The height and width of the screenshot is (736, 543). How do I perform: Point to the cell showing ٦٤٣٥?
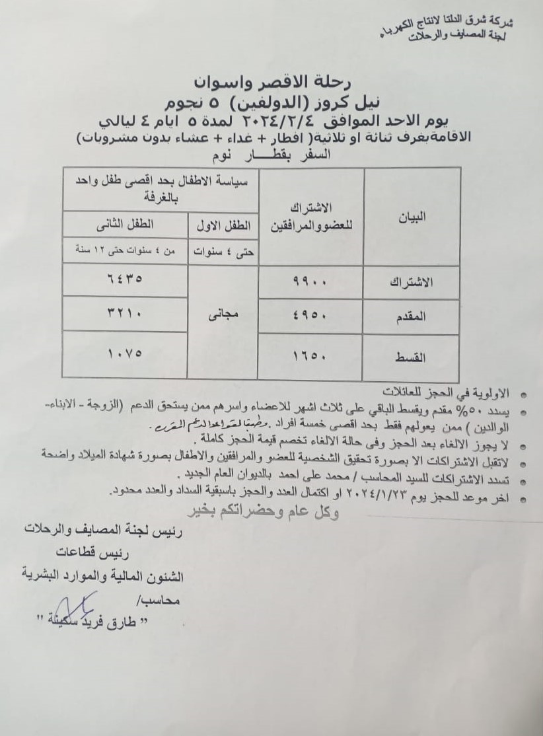126,279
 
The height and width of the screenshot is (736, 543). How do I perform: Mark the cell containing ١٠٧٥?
126,352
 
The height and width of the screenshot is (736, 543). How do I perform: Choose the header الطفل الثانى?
126,225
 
